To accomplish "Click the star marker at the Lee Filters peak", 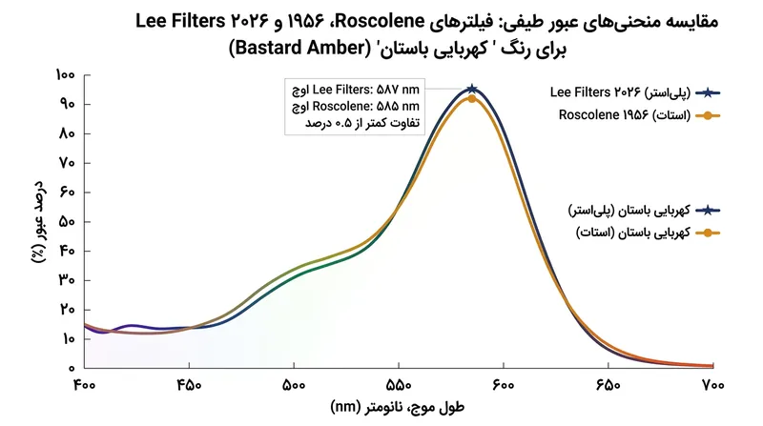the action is point(471,89).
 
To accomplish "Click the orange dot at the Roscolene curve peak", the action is point(471,99).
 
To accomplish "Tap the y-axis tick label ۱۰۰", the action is point(65,75).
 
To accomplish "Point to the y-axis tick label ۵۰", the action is point(67,222).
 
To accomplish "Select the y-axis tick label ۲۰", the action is point(67,310).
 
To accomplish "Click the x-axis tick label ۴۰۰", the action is point(85,385).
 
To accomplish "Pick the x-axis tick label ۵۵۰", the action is point(399,385).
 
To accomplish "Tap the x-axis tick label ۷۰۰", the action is point(712,385).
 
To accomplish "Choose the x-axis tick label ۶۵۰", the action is point(608,385).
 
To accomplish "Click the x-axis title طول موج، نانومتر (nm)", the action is point(397,407).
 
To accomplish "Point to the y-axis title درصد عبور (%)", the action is point(39,222).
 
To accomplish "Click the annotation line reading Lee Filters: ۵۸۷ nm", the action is point(356,90).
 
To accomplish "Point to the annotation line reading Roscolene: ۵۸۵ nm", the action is point(356,106).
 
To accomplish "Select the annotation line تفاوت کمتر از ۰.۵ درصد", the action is point(362,123).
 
